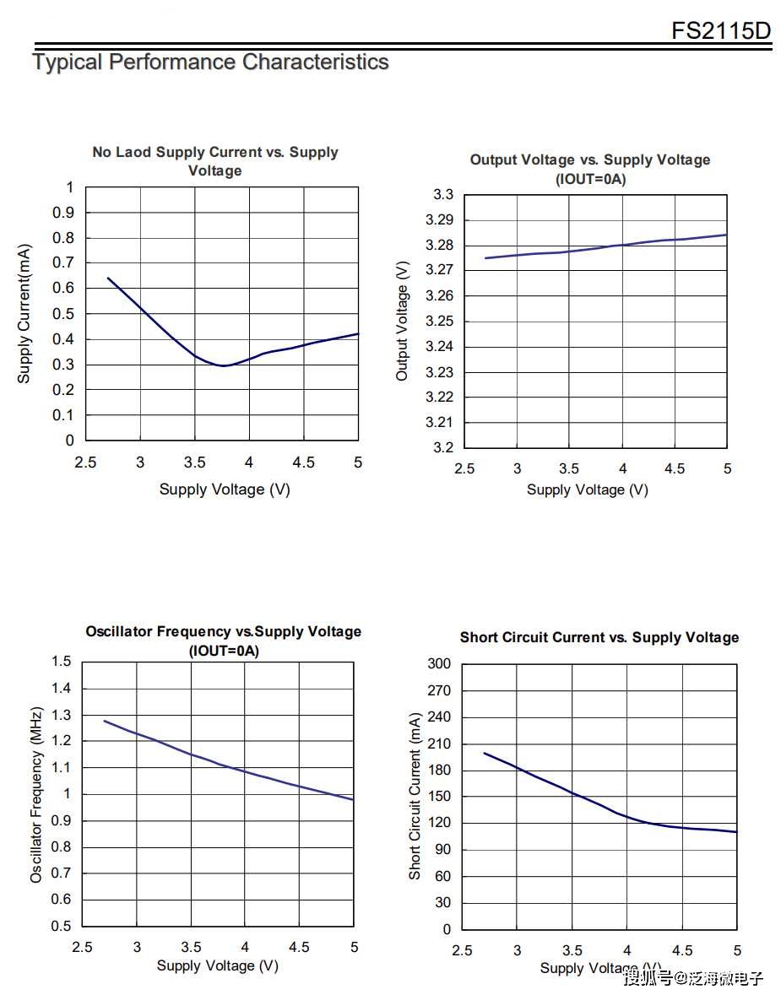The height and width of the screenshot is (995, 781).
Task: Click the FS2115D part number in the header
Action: (721, 31)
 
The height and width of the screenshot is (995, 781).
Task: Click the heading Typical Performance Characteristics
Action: (210, 62)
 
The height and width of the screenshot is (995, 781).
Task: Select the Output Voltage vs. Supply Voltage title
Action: (589, 160)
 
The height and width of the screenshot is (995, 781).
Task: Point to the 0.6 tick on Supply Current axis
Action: (64, 288)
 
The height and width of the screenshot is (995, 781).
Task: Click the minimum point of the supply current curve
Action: (224, 365)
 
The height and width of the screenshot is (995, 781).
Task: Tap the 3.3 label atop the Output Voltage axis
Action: (443, 195)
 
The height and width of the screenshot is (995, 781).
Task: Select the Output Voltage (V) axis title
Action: (402, 321)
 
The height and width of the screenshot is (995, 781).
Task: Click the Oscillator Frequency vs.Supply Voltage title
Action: (223, 631)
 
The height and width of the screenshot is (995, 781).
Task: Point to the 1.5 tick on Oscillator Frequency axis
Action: (61, 662)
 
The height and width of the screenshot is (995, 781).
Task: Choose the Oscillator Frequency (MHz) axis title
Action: (36, 794)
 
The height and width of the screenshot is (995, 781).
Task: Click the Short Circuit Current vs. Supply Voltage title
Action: (599, 637)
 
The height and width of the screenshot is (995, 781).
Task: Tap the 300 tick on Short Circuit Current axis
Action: (439, 664)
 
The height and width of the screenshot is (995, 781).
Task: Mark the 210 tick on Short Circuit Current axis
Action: (439, 744)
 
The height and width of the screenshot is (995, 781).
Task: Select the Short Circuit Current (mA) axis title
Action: (415, 796)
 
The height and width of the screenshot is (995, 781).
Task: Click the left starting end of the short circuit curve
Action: (485, 754)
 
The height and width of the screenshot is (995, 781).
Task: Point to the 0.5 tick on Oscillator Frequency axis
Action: (61, 926)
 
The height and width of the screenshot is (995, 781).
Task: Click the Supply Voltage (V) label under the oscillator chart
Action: (217, 965)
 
